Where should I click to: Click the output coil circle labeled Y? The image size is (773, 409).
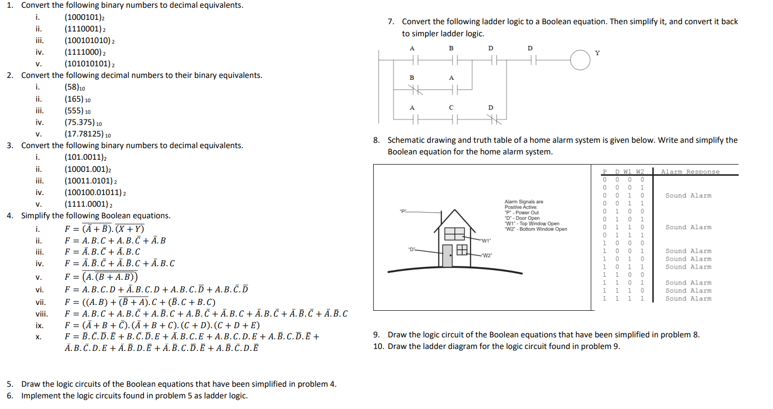coord(580,60)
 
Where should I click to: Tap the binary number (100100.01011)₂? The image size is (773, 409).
coord(95,193)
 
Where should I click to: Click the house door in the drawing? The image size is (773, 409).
coord(447,256)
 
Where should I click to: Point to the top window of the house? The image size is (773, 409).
coord(454,234)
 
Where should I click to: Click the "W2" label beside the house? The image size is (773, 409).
coord(487,256)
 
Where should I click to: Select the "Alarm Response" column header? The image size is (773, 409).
coord(690,172)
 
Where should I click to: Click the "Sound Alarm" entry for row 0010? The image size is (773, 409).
coord(688,196)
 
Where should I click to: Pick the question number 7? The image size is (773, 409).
coord(391,22)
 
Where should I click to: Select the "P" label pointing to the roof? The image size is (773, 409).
coord(403,212)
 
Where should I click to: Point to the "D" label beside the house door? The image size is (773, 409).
coord(411,249)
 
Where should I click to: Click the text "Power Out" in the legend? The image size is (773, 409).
coord(527,212)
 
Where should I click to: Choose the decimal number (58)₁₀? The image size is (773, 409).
coord(75,87)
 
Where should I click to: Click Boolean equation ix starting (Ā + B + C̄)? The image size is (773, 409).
coord(162,325)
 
